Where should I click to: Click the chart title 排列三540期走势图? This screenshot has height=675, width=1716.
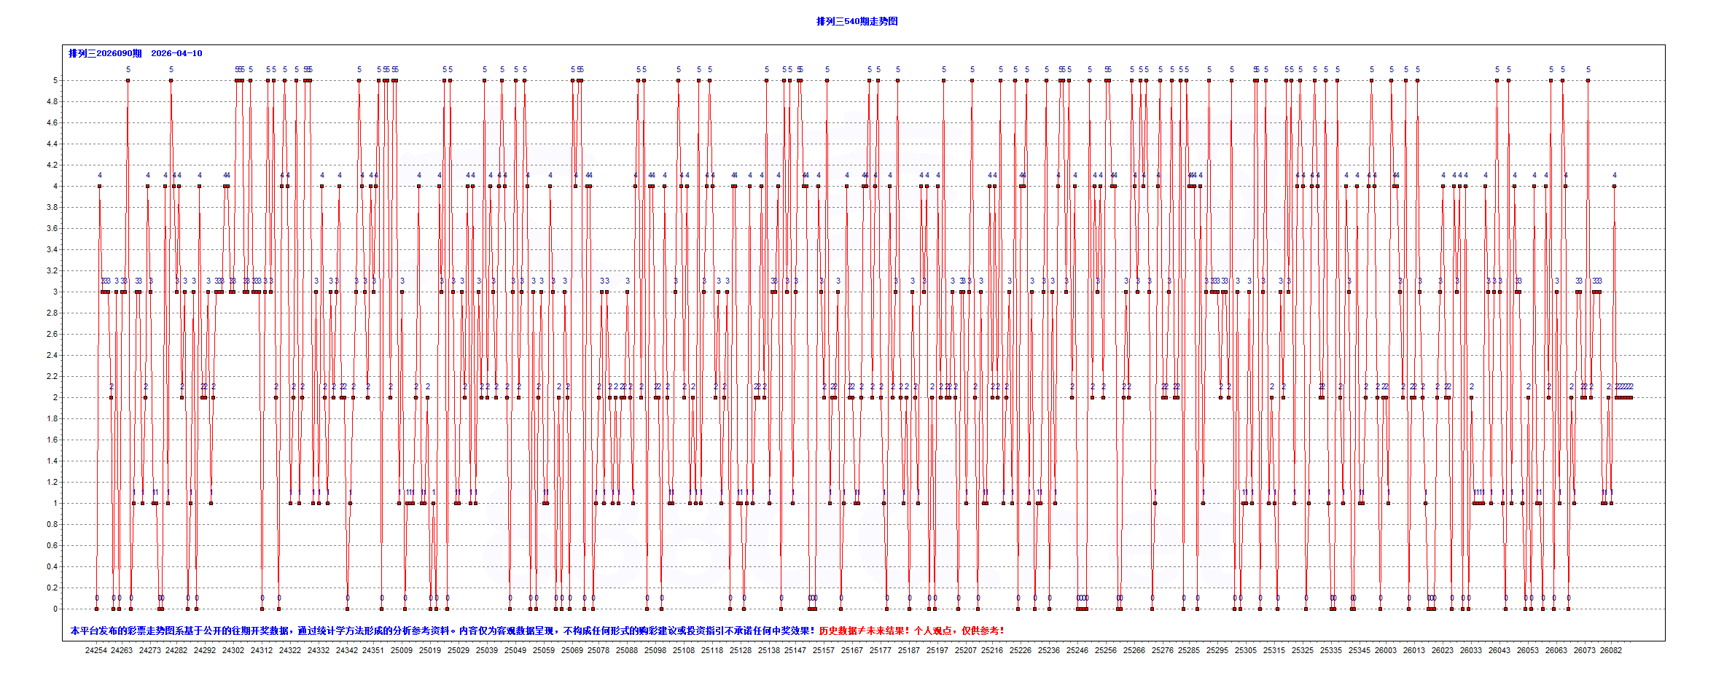coord(857,21)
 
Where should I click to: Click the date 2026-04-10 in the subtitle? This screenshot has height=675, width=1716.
coord(176,53)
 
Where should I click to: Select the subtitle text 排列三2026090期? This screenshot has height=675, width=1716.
coord(105,53)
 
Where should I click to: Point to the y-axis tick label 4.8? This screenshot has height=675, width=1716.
coord(52,101)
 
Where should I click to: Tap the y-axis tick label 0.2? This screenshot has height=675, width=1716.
coord(52,588)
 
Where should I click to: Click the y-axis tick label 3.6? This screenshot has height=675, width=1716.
coord(52,228)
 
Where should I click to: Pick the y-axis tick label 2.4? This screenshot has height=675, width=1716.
coord(52,355)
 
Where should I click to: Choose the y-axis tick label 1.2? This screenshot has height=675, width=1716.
coord(52,482)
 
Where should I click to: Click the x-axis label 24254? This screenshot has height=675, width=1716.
coord(95,650)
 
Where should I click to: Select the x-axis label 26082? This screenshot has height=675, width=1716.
coord(1610,650)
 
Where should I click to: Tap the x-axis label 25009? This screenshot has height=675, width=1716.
coord(401,650)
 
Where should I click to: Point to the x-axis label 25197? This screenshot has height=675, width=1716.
coord(937,650)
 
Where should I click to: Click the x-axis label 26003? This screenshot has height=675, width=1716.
coord(1385,650)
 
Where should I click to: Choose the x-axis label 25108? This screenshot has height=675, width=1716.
coord(683,650)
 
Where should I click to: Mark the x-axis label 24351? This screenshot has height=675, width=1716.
coord(373,650)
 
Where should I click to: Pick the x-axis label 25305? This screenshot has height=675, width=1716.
coord(1245,650)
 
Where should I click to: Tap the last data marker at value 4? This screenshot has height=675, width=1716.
coord(1614,186)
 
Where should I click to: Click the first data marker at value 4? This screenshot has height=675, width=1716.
coord(99,186)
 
